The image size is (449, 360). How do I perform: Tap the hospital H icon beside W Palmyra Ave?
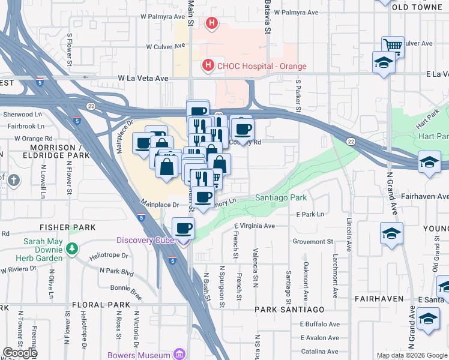pos(211,23)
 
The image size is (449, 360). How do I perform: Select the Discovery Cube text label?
pos(145,241)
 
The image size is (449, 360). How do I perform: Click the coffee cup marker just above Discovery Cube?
pos(184,228)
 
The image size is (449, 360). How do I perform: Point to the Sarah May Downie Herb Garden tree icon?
pos(72,248)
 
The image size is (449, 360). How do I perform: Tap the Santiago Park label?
pos(281,197)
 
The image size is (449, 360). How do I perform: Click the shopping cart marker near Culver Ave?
pos(393,45)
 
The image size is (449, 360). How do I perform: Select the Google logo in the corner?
pos(20,353)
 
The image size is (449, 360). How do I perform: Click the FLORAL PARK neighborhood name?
pos(100,305)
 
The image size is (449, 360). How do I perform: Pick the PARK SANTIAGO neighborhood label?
pos(289,310)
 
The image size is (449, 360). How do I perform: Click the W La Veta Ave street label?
pos(143,78)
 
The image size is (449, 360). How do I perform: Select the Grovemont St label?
pos(313,241)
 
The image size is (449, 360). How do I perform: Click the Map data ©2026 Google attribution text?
pos(412,355)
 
